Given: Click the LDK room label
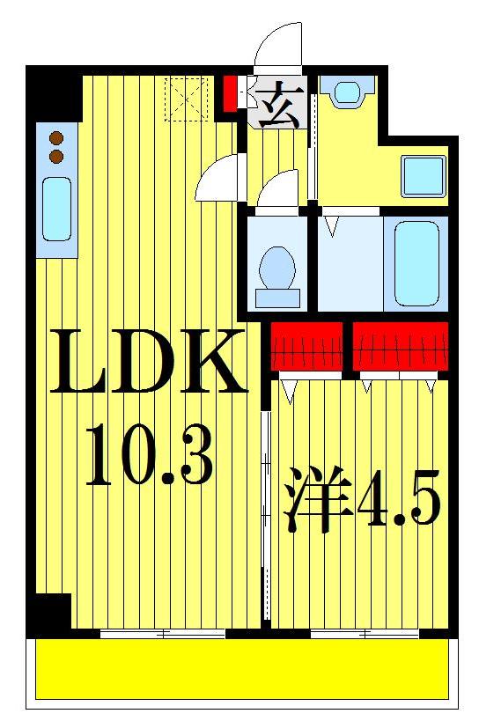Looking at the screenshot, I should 148,361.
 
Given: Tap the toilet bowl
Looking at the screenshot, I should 278,266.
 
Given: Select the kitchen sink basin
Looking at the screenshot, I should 57,210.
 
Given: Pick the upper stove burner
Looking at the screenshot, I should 57,138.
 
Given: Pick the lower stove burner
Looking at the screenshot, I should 57,156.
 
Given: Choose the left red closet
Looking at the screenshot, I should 306,346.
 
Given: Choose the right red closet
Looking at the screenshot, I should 401,346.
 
